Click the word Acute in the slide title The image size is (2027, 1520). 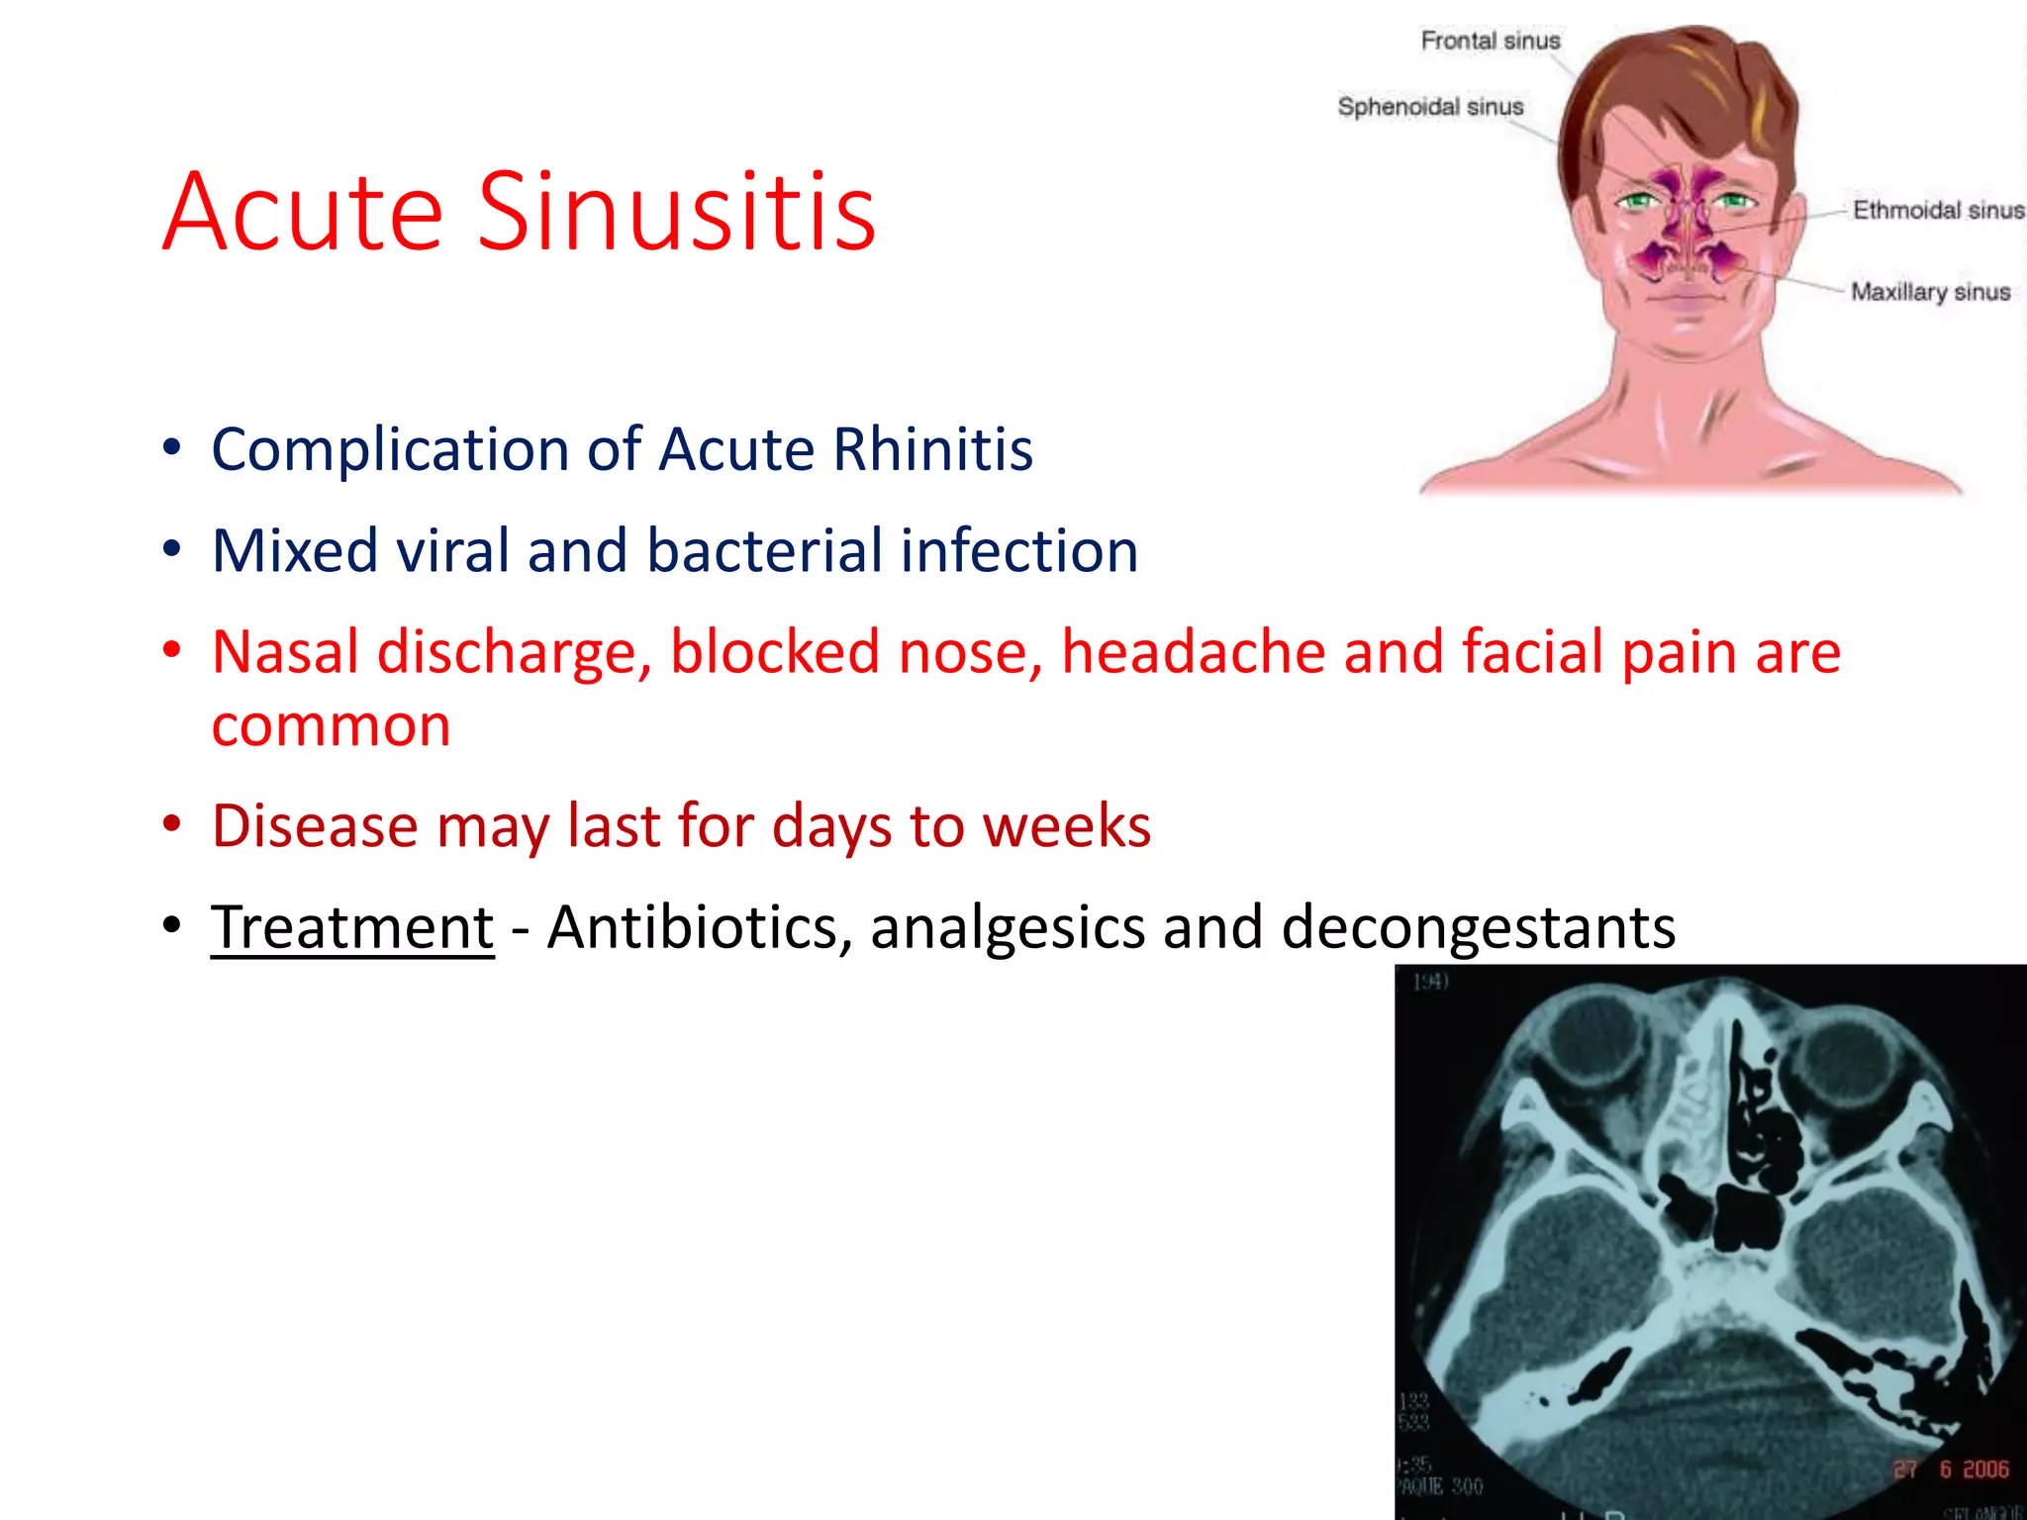pyautogui.click(x=303, y=211)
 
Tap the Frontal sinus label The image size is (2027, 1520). pyautogui.click(x=1490, y=41)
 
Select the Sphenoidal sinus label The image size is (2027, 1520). pyautogui.click(x=1430, y=107)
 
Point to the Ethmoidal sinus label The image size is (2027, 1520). pyautogui.click(x=1938, y=210)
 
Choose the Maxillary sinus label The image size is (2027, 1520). pyautogui.click(x=1930, y=292)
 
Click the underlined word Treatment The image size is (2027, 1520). pyautogui.click(x=352, y=927)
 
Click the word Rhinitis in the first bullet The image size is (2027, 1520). pyautogui.click(x=933, y=449)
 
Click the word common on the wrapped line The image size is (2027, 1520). pyautogui.click(x=331, y=725)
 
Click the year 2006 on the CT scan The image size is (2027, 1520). pyautogui.click(x=1985, y=1470)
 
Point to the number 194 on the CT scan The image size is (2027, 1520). pyautogui.click(x=1429, y=981)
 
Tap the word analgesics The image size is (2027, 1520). pyautogui.click(x=1006, y=927)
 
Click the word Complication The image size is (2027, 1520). pyautogui.click(x=390, y=449)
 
